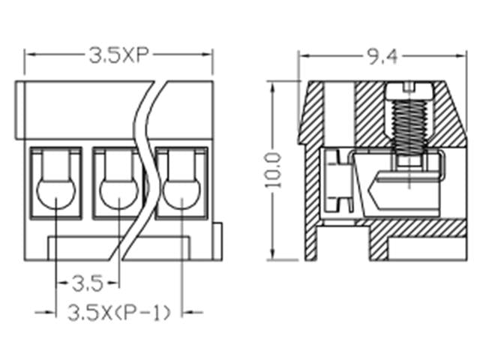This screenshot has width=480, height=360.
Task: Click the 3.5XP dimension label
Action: coord(119,55)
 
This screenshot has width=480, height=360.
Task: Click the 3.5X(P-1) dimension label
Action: coord(120,311)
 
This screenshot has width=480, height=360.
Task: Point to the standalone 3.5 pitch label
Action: coord(87,283)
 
